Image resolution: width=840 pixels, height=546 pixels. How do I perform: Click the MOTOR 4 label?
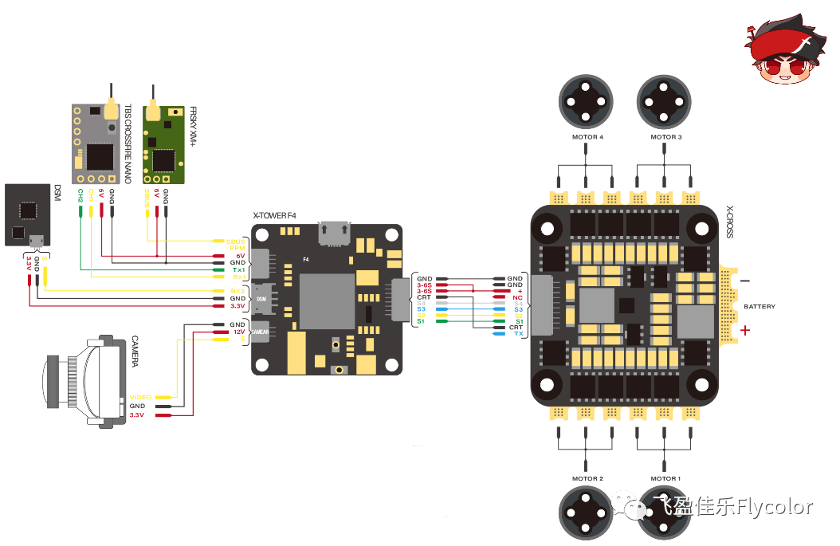tap(587, 137)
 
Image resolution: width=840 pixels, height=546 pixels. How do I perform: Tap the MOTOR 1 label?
tap(666, 478)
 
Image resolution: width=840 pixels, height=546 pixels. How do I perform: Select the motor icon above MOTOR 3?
tap(665, 100)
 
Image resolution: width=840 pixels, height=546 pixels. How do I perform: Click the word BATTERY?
tap(759, 307)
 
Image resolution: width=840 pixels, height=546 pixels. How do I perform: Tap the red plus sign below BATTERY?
tap(745, 330)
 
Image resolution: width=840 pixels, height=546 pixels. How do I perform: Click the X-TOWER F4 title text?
tap(274, 215)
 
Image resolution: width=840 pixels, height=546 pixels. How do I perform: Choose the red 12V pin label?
tap(237, 332)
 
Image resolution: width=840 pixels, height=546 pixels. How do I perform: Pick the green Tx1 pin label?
tap(238, 270)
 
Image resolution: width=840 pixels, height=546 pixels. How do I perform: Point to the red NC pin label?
tap(517, 297)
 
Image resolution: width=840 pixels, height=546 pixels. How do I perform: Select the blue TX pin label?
tap(518, 334)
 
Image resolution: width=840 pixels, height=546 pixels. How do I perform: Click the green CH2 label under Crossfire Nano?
tap(80, 194)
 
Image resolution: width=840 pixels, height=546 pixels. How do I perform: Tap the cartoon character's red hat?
tap(786, 42)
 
